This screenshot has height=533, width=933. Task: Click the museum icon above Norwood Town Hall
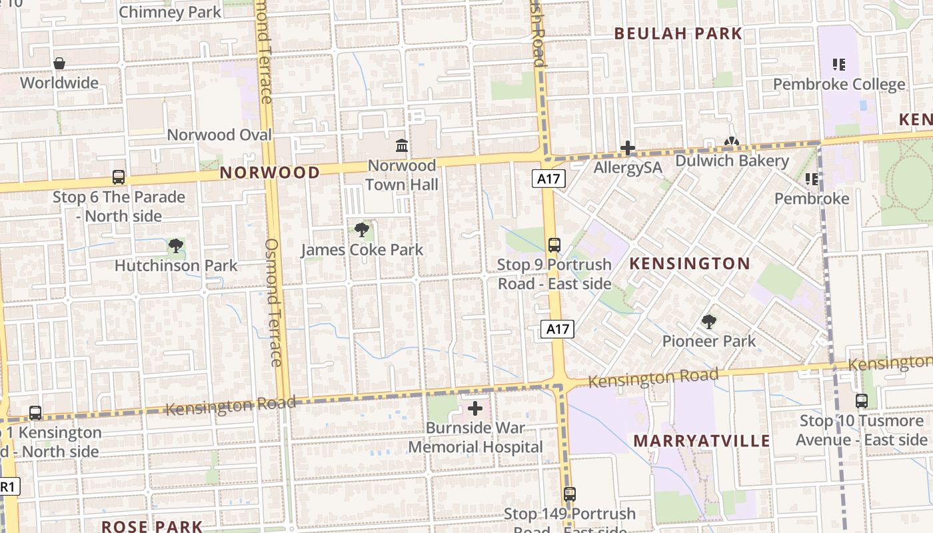point(402,145)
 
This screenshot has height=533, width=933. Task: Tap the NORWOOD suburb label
point(270,173)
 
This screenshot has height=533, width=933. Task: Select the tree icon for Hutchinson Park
point(176,247)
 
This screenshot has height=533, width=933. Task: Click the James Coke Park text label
point(362,251)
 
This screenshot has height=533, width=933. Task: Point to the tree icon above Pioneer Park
point(709,322)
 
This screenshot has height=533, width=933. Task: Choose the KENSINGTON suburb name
point(690,264)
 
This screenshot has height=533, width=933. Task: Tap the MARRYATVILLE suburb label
point(702,441)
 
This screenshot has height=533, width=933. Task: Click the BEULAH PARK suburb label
point(678,34)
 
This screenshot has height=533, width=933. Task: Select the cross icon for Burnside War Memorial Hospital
point(475,408)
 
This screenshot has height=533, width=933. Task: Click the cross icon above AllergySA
point(628,148)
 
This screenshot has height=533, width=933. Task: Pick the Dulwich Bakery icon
point(731,143)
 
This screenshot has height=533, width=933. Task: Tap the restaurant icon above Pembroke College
point(839,65)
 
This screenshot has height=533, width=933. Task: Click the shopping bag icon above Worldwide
point(59,63)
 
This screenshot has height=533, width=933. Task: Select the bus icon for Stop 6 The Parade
point(119,177)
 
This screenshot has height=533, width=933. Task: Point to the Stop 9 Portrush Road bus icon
point(554,245)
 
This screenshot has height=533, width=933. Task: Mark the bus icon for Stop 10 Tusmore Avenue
point(862,401)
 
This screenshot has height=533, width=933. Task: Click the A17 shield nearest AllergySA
point(548,179)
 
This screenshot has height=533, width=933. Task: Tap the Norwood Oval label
point(219,135)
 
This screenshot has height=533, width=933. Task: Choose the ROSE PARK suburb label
point(151,526)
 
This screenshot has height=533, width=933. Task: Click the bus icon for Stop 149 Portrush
point(569,494)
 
